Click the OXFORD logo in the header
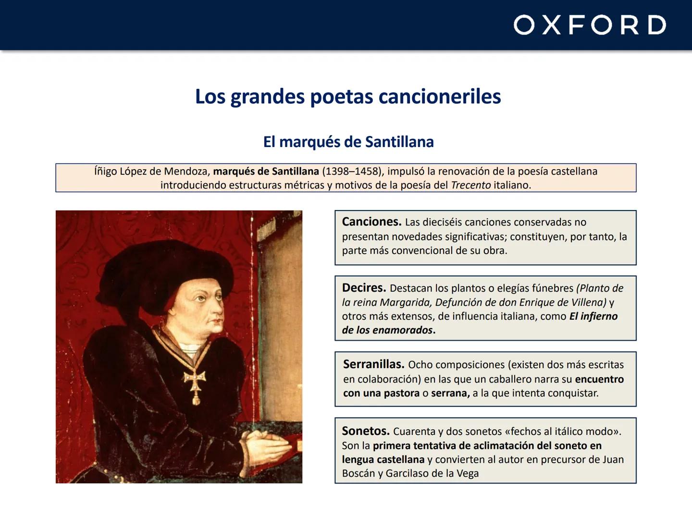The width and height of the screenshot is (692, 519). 590,25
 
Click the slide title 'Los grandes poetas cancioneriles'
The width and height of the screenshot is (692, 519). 348,97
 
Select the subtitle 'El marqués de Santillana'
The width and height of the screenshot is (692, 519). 348,142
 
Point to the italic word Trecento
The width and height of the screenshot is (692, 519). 470,185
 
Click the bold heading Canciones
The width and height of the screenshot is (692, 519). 371,222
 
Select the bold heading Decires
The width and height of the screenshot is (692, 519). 364,288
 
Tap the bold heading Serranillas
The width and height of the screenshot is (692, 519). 373,364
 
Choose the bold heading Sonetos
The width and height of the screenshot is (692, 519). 365,431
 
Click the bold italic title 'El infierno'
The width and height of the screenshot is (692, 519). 593,316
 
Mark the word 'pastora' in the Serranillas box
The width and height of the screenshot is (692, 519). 401,393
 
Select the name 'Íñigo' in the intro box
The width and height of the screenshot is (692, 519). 105,172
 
